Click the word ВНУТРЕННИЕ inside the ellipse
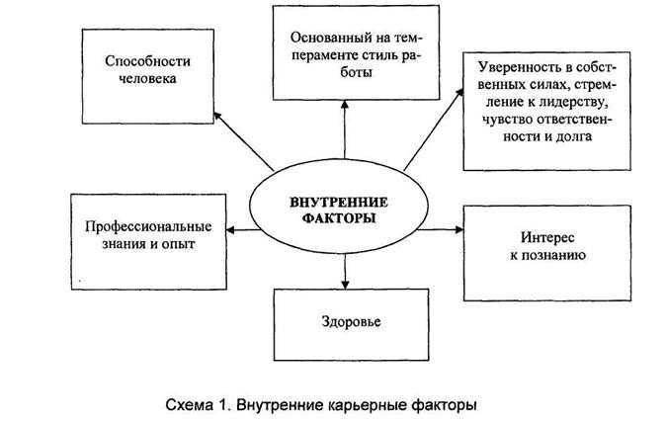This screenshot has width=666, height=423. [x=339, y=202]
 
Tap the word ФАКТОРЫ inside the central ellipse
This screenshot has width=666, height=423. [x=339, y=217]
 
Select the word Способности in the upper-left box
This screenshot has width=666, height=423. [x=147, y=61]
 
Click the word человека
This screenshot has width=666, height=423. [x=147, y=78]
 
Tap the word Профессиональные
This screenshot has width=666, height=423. [x=148, y=226]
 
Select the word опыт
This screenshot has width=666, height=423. [x=179, y=244]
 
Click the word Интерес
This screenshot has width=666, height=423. [x=547, y=237]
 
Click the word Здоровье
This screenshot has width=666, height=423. [x=351, y=321]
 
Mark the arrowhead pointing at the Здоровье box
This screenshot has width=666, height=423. [x=345, y=284]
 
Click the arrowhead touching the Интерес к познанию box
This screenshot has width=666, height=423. [x=458, y=229]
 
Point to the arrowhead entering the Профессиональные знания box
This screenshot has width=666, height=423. [x=230, y=230]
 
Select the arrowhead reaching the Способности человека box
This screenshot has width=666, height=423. [x=217, y=116]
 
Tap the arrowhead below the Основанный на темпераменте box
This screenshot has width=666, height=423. [x=345, y=105]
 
